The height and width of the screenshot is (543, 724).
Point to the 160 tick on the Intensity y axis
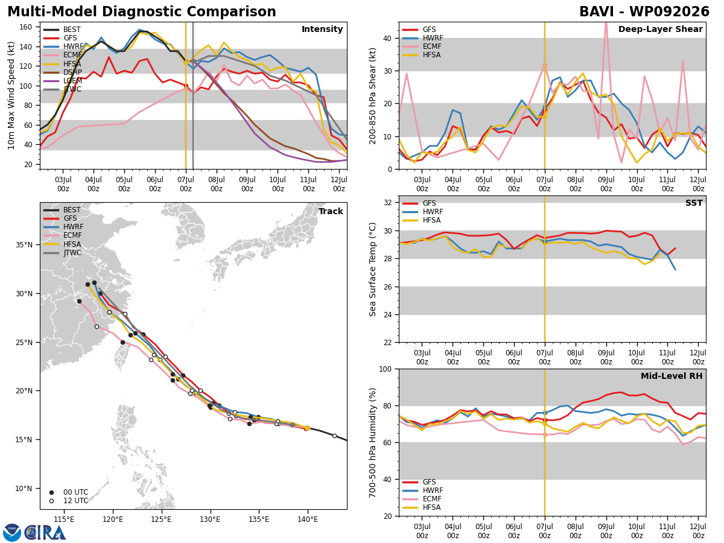[x=26, y=27]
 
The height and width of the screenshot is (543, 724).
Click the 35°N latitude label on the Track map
[x=24, y=245]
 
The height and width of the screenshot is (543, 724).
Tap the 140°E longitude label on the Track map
[x=308, y=520]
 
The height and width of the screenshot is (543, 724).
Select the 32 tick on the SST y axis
[x=388, y=203]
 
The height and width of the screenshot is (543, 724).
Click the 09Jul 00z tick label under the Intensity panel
[x=247, y=184]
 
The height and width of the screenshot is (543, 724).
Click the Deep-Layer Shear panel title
[x=660, y=30]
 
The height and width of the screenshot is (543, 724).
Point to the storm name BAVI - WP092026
[x=644, y=12]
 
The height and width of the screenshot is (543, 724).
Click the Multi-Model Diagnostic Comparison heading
[x=142, y=12]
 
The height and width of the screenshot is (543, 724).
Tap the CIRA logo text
[x=45, y=533]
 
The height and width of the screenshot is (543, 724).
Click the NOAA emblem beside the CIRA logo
[x=12, y=533]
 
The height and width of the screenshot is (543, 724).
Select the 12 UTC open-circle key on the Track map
[x=51, y=501]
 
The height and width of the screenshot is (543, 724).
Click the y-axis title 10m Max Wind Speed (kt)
[x=11, y=95]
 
